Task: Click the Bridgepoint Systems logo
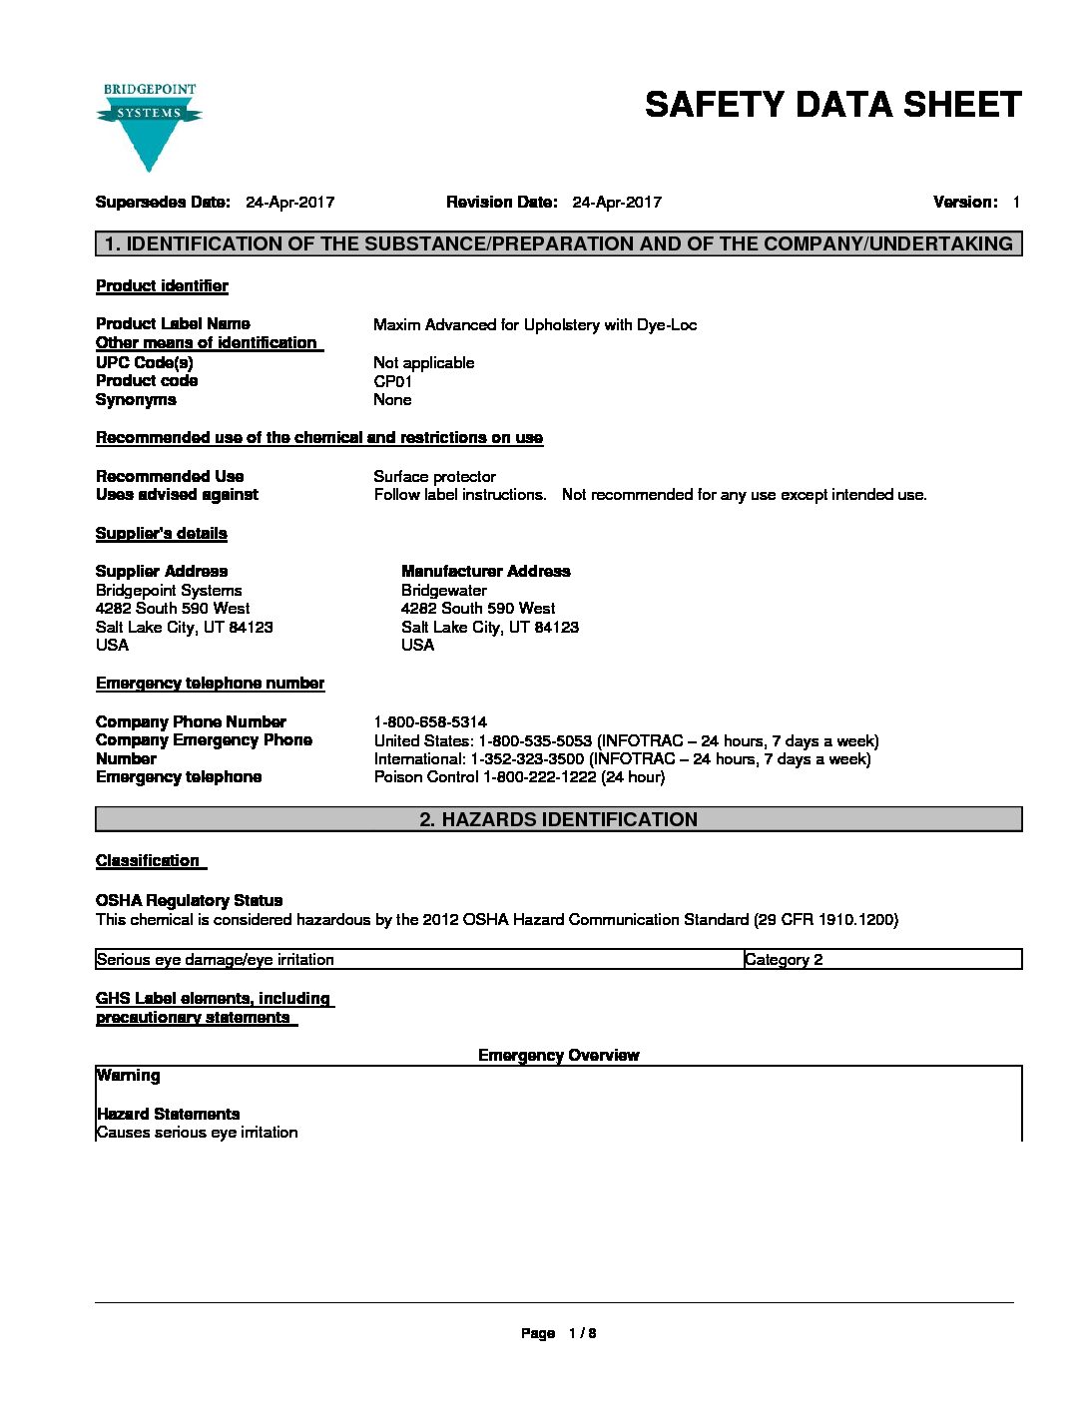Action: click(x=149, y=126)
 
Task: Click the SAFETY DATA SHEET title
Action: click(x=832, y=105)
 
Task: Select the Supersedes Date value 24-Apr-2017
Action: click(x=289, y=203)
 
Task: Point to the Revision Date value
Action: click(x=616, y=203)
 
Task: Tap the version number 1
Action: click(x=1015, y=203)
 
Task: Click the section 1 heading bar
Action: click(x=558, y=243)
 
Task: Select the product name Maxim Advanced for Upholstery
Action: click(x=534, y=324)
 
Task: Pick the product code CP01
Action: click(x=392, y=381)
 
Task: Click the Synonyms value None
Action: click(x=392, y=400)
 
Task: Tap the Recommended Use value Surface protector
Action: click(x=434, y=477)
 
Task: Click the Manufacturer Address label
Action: click(x=485, y=572)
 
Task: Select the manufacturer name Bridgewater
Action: click(x=443, y=591)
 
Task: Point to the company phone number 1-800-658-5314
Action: click(x=430, y=721)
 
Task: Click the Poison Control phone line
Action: click(x=519, y=777)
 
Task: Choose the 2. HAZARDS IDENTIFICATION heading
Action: click(x=558, y=819)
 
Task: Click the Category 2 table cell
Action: click(x=784, y=960)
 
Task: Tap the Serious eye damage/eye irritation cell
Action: click(x=216, y=960)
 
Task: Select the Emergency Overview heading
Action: click(x=558, y=1056)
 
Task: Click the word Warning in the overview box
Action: click(x=128, y=1076)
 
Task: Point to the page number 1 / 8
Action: click(x=582, y=1333)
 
